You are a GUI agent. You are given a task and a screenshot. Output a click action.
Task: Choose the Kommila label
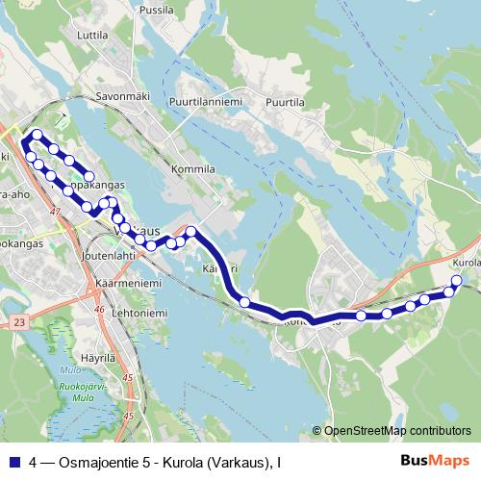(x=191, y=168)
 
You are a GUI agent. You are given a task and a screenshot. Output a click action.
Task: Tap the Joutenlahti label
(x=109, y=257)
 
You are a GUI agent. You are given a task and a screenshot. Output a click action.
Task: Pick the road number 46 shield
(x=99, y=310)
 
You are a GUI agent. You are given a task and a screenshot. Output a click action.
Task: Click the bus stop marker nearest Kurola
(x=456, y=281)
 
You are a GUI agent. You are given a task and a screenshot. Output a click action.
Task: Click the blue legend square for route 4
(x=14, y=461)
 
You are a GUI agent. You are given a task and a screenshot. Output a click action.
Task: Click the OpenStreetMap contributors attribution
(x=396, y=431)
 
